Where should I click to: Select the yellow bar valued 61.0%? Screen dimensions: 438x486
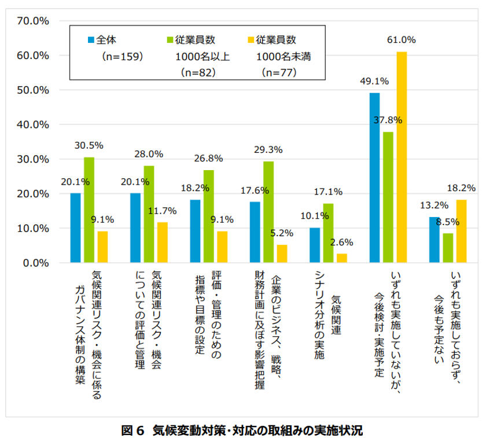402,157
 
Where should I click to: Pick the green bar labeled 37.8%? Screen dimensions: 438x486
388,197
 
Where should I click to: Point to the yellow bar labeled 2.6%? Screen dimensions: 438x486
342,258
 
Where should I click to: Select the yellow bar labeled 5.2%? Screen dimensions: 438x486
282,253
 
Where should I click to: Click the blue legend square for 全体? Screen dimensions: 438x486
91,40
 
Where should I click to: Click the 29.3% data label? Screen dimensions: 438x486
268,149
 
